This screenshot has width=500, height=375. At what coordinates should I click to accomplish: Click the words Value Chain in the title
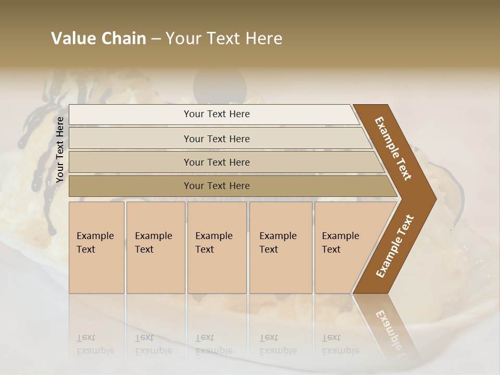click(98, 39)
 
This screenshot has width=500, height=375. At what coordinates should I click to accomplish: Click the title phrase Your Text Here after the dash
click(224, 39)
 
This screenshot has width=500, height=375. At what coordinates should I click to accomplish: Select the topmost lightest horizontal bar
click(130, 115)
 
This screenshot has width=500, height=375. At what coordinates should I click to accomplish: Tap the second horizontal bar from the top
click(130, 139)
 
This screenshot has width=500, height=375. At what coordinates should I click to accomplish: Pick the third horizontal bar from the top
click(130, 162)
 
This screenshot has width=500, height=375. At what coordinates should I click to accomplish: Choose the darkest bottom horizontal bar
click(130, 186)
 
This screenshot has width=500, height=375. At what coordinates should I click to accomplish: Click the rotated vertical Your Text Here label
click(60, 150)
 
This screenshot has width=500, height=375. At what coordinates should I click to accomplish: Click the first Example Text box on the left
click(96, 247)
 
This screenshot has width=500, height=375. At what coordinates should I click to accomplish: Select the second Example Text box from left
click(155, 247)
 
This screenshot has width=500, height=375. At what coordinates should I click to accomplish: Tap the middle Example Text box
click(217, 247)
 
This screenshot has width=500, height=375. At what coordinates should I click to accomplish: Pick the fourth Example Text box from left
click(281, 247)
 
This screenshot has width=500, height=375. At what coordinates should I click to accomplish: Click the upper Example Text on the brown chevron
click(393, 148)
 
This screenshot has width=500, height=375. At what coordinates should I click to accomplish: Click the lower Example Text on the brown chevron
click(395, 246)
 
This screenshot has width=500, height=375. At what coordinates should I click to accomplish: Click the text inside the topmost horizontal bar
click(217, 114)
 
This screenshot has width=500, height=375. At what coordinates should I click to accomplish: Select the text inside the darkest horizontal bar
click(217, 186)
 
